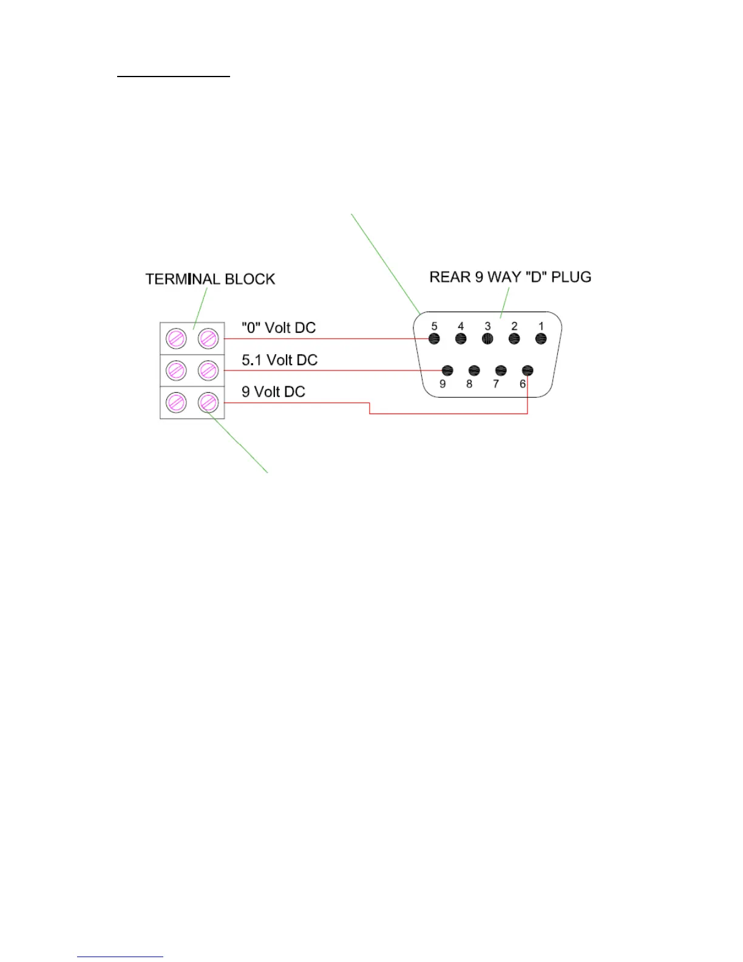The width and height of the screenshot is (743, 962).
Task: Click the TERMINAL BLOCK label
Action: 210,279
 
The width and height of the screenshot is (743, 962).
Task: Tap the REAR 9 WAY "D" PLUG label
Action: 510,277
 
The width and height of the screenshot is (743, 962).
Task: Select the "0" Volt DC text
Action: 279,328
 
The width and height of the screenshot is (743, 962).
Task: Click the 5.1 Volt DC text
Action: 279,360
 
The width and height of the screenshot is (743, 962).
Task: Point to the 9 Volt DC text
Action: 273,392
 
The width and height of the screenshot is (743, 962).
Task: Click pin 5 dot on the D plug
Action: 434,339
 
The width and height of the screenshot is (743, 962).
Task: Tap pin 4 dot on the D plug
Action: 461,339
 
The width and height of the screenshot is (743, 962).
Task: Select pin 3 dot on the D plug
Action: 487,339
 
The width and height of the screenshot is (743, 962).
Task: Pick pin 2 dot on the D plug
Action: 514,339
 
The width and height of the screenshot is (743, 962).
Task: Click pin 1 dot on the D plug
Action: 541,339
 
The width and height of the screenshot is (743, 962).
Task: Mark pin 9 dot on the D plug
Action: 447,370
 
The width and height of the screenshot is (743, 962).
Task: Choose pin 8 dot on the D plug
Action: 474,370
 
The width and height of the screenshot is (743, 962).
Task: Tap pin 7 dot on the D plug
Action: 501,370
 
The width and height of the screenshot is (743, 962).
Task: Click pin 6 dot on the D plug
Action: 528,370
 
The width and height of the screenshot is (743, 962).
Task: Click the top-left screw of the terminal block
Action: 176,338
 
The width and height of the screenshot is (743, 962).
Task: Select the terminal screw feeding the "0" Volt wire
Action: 208,338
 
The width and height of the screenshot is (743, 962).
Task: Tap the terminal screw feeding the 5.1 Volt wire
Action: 208,370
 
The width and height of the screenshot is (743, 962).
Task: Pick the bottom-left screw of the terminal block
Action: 176,402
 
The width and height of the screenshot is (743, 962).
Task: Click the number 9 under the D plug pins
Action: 443,384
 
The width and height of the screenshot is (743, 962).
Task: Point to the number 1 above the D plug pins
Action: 541,326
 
